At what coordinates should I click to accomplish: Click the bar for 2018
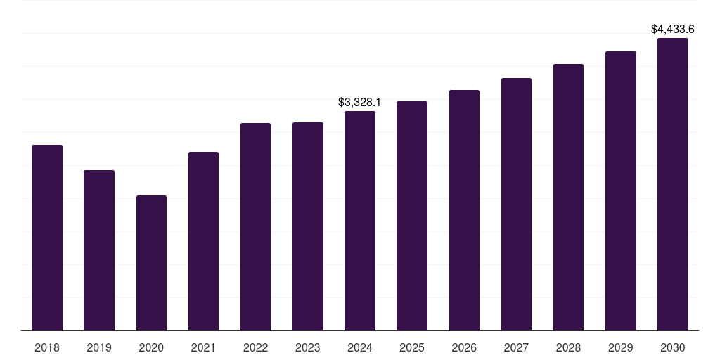point(47,238)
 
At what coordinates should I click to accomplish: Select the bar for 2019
point(99,250)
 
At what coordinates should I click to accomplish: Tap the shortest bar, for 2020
point(152,263)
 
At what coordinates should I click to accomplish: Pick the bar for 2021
point(203,241)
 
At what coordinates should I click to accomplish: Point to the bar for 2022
point(255,227)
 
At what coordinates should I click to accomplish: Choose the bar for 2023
point(308,226)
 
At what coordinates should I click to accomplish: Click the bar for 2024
point(360,221)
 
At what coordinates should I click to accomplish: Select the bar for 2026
point(464,210)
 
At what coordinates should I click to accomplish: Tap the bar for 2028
point(568,198)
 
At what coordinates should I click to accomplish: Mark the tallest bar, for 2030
point(673,184)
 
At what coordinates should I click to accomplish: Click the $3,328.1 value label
point(359,103)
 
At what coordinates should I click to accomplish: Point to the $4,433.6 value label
point(673,30)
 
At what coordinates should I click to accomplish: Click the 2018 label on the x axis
point(47,347)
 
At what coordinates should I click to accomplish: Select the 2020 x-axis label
point(151,347)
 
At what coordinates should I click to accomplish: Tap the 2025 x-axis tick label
point(412,347)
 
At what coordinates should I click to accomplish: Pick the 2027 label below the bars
point(516,347)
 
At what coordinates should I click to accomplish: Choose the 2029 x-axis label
point(620,347)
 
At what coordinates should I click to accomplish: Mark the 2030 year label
point(673,347)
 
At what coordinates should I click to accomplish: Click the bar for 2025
point(412,216)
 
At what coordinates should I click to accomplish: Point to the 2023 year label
point(308,347)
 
